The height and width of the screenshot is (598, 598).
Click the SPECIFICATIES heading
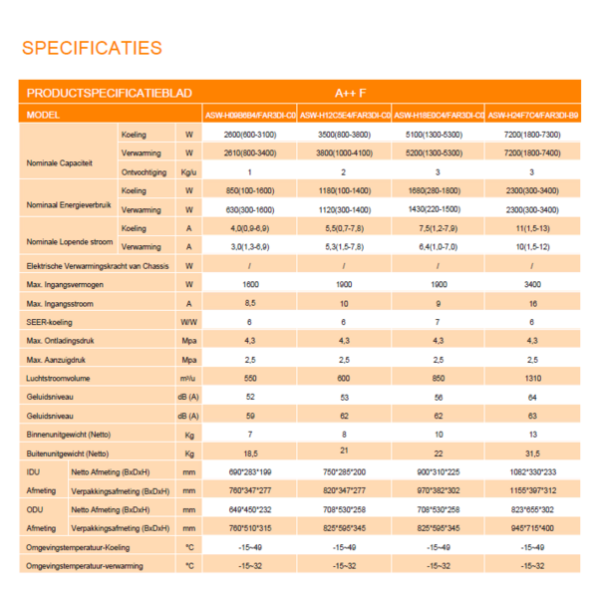pyautogui.click(x=92, y=48)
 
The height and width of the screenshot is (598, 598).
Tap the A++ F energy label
pyautogui.click(x=341, y=92)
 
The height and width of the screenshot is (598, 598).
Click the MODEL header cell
pyautogui.click(x=46, y=115)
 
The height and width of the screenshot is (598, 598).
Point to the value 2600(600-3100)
pyautogui.click(x=249, y=134)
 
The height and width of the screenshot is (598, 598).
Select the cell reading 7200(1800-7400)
pyautogui.click(x=531, y=153)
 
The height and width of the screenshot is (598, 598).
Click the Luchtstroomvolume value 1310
pyautogui.click(x=531, y=378)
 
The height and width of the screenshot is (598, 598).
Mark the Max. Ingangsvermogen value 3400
pyautogui.click(x=531, y=285)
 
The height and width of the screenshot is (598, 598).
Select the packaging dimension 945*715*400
pyautogui.click(x=531, y=527)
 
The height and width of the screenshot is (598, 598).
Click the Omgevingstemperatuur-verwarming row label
pyautogui.click(x=85, y=565)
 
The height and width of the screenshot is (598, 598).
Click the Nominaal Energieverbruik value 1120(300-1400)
pyautogui.click(x=344, y=210)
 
